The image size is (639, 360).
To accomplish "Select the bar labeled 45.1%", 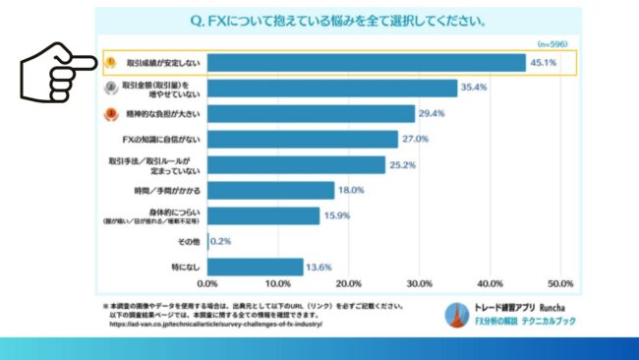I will (367, 63).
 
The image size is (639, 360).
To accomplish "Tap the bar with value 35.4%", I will (332, 89).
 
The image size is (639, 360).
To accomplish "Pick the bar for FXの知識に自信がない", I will (303, 140).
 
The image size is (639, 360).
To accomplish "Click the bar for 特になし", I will (256, 267).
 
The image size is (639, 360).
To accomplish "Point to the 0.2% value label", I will (222, 241).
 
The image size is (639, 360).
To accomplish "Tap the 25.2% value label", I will (403, 165).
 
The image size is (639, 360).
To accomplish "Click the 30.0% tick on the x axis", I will (420, 285).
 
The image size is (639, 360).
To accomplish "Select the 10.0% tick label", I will (279, 285).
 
